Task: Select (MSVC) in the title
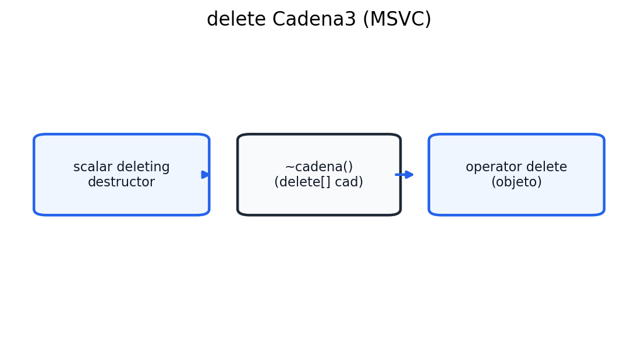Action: pyautogui.click(x=396, y=20)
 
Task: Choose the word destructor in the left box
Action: pyautogui.click(x=121, y=182)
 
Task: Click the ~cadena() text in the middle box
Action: pyautogui.click(x=318, y=167)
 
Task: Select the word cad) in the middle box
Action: pyautogui.click(x=350, y=182)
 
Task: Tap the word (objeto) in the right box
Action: pyautogui.click(x=516, y=182)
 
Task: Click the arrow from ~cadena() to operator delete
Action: pyautogui.click(x=405, y=175)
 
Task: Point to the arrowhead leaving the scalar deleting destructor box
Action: pyautogui.click(x=205, y=175)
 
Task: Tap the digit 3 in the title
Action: pyautogui.click(x=350, y=20)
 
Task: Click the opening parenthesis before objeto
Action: pyautogui.click(x=494, y=182)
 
